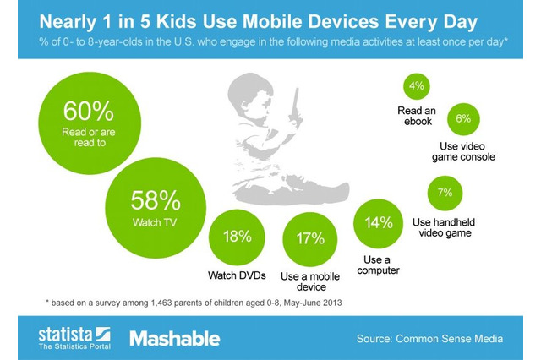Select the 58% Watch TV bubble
(155, 205)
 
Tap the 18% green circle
(236, 237)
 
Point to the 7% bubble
(445, 194)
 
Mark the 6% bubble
(462, 119)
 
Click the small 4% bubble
(416, 87)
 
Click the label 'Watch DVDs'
(236, 275)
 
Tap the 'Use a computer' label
(379, 264)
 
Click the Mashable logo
(175, 338)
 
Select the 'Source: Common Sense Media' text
(429, 338)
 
